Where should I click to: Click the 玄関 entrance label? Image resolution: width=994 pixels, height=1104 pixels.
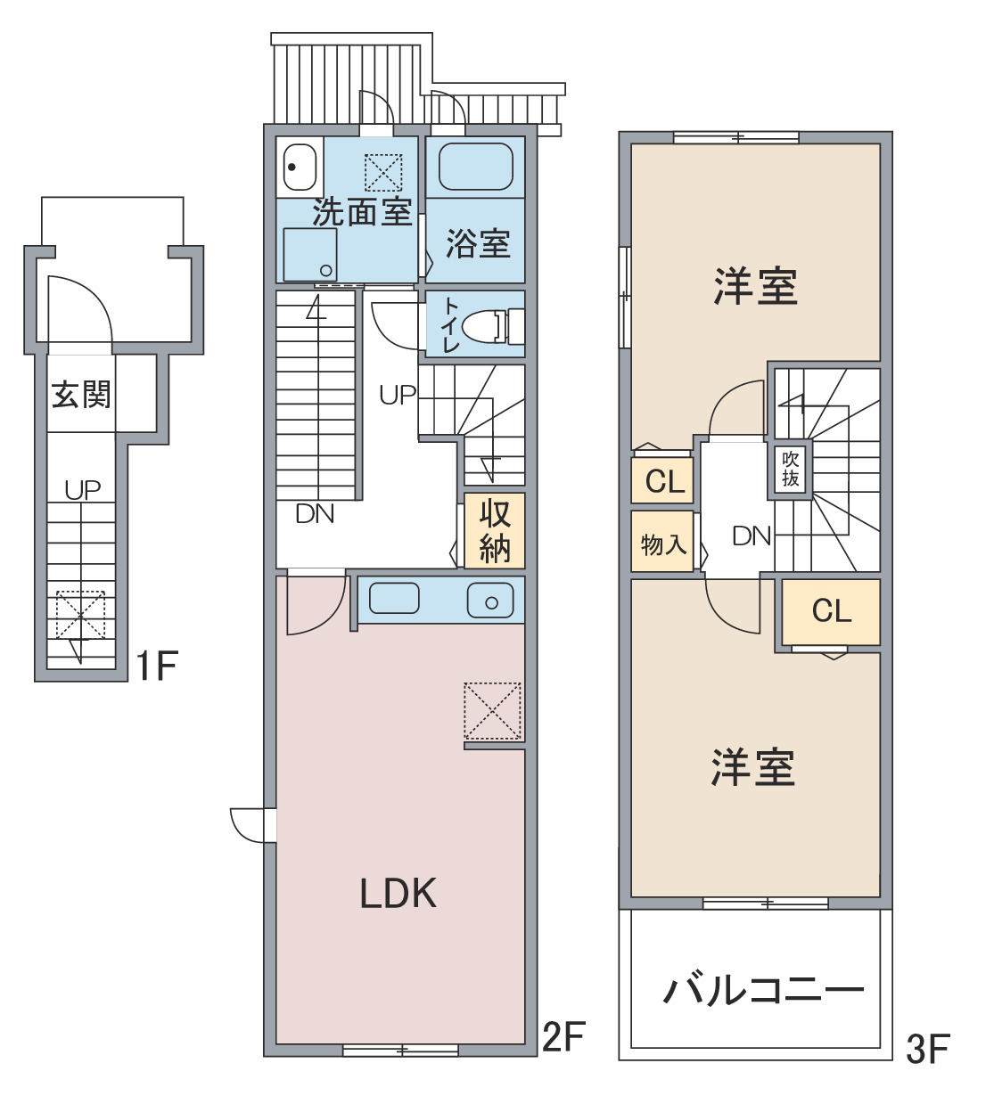81,394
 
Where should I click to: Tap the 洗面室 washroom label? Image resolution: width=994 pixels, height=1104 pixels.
362,212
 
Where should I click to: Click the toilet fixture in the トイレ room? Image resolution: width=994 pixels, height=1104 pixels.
492,326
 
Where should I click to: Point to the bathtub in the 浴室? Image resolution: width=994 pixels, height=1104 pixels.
476,167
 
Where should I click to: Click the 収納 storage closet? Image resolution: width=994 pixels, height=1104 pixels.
494,530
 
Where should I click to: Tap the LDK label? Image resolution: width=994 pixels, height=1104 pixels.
398,893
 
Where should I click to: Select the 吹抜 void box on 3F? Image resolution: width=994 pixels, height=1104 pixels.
790,470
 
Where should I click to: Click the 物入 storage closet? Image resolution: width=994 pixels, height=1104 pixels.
662,541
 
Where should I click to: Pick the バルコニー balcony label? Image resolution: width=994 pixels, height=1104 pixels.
763,991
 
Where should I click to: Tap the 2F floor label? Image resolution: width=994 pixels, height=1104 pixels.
563,1036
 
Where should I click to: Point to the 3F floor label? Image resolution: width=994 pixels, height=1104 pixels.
928,1049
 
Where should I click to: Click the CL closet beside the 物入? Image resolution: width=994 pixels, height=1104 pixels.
662,480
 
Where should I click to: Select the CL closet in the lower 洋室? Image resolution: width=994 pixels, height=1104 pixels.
831,611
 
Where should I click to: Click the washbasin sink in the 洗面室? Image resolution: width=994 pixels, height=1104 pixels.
300,168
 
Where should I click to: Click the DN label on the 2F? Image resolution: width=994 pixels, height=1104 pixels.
315,514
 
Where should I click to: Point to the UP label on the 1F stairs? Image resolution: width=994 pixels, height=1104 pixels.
83,490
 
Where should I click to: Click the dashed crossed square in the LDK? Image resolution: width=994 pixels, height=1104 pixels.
492,711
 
